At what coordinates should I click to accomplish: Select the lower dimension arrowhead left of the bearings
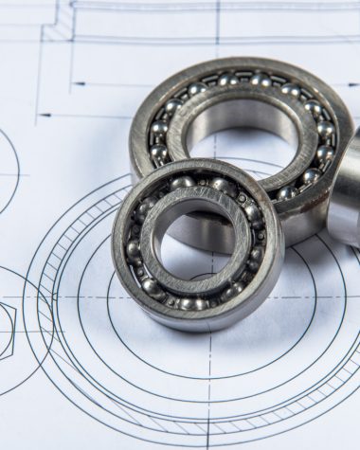tap(43, 116)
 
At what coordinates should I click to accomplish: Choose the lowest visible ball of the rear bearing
tap(287, 193)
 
